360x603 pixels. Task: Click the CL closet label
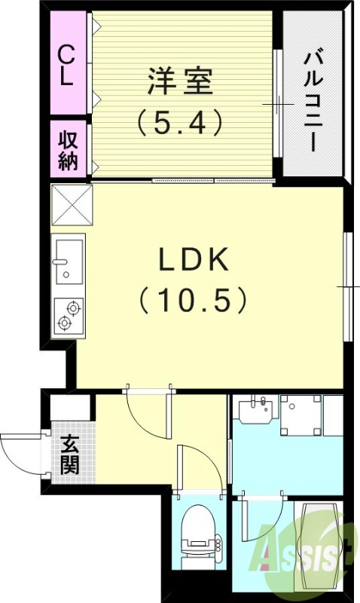67,65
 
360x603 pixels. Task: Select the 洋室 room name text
180,81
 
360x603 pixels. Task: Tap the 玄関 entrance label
70,455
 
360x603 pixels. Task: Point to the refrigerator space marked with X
70,204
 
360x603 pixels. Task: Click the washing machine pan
301,415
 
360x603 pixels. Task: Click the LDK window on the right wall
347,286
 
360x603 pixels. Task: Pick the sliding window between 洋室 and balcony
278,102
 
